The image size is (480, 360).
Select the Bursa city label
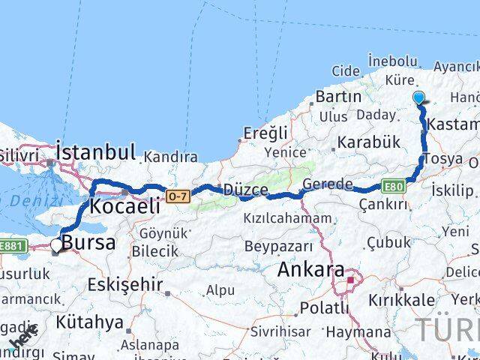click(88, 242)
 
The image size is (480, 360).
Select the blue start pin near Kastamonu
click(419, 98)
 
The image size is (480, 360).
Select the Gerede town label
click(328, 184)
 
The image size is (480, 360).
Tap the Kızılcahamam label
click(287, 218)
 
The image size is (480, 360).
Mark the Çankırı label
click(382, 204)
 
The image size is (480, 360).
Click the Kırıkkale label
click(401, 299)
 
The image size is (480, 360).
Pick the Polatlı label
click(325, 307)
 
